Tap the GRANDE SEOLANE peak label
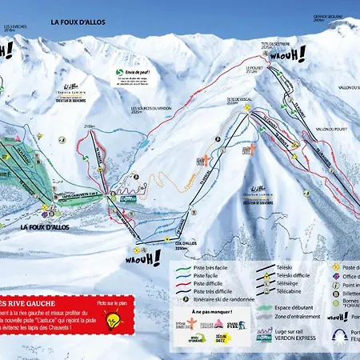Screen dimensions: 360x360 tap(328, 18)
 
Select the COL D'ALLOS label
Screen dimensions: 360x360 tap(184, 245)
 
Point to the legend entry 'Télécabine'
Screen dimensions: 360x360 tap(289, 293)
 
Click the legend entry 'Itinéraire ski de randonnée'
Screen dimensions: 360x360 tap(223, 300)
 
